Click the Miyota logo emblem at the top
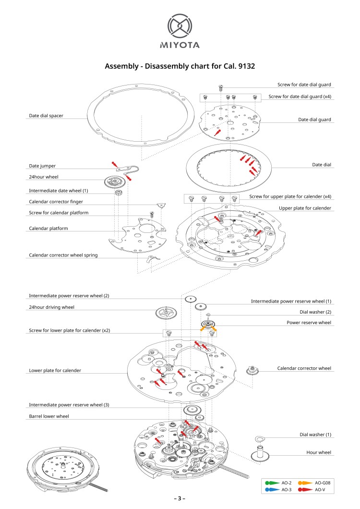[x=180, y=26]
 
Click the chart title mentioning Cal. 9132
[x=180, y=66]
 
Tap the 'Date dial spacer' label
[x=46, y=116]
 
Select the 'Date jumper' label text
[x=42, y=166]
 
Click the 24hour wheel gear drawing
[x=115, y=182]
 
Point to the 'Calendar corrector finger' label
[x=59, y=202]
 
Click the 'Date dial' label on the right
[x=322, y=165]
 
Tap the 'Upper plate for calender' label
[x=305, y=208]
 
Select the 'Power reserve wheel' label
[x=309, y=323]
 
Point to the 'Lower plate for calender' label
[x=55, y=370]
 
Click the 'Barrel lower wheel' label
[x=48, y=416]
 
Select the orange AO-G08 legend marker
[x=304, y=483]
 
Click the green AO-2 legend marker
[x=272, y=483]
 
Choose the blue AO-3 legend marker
[x=272, y=489]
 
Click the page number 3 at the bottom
[x=180, y=498]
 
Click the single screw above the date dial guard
[x=221, y=88]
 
